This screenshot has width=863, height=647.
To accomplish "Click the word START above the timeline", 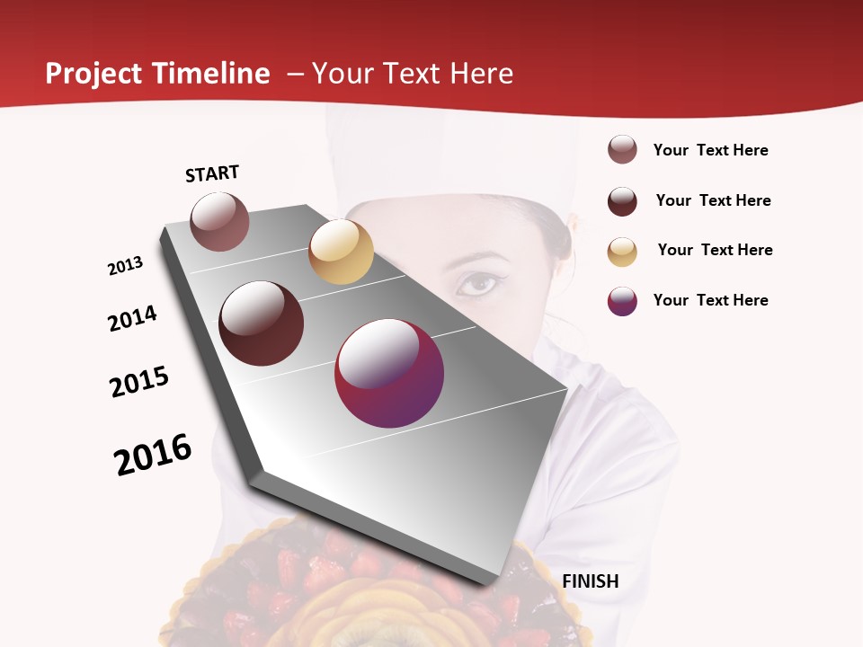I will [212, 173].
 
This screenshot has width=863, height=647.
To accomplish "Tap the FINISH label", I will [591, 581].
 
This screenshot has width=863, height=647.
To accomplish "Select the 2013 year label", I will [126, 266].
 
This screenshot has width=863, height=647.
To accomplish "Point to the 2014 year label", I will [133, 318].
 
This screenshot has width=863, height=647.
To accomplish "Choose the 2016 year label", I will [153, 454].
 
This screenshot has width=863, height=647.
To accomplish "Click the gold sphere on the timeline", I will [341, 252].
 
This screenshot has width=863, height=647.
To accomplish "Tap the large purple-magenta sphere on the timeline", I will [389, 373].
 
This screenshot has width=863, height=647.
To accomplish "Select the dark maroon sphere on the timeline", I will [262, 323].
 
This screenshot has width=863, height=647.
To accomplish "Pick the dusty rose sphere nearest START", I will [220, 221].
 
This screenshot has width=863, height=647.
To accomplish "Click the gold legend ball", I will [622, 252].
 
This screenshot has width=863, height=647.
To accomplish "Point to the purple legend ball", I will [622, 301].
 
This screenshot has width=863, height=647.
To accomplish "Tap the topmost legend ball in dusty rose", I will [622, 150].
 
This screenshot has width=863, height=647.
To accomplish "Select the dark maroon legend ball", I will [622, 201].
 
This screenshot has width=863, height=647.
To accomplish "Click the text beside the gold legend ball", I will [715, 250].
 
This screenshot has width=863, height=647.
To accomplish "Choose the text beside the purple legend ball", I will [710, 300].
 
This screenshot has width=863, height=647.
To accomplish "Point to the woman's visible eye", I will [476, 284].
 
